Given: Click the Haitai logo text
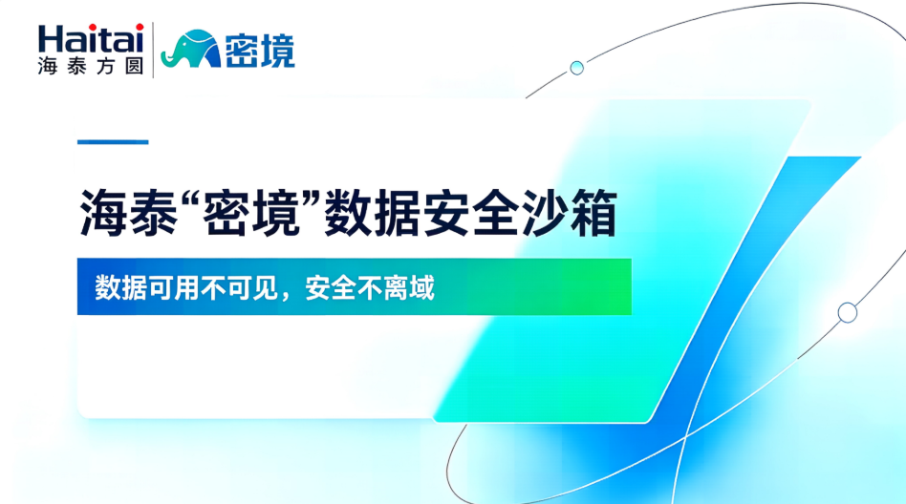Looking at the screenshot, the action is tap(91, 39).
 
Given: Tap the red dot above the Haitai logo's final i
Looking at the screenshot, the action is tap(140, 27).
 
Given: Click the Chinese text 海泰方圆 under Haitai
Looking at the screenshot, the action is tap(91, 67).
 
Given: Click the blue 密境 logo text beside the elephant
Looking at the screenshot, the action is tap(259, 51).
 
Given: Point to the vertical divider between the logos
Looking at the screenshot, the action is tap(153, 50).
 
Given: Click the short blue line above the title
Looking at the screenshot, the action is tap(113, 141).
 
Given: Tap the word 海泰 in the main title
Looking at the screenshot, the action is tap(128, 213).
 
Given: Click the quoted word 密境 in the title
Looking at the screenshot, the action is tap(251, 213).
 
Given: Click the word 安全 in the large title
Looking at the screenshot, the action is tap(470, 213).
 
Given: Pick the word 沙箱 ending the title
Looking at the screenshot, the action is tap(569, 213).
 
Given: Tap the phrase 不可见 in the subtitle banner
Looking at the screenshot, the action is tap(239, 287).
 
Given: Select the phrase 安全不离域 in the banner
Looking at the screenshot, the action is tap(370, 287).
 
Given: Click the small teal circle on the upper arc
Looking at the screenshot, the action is tap(576, 68).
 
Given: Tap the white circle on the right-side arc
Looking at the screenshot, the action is tap(847, 313).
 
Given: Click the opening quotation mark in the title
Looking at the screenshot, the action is tap(189, 199).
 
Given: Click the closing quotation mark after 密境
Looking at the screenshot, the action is tap(312, 199).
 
